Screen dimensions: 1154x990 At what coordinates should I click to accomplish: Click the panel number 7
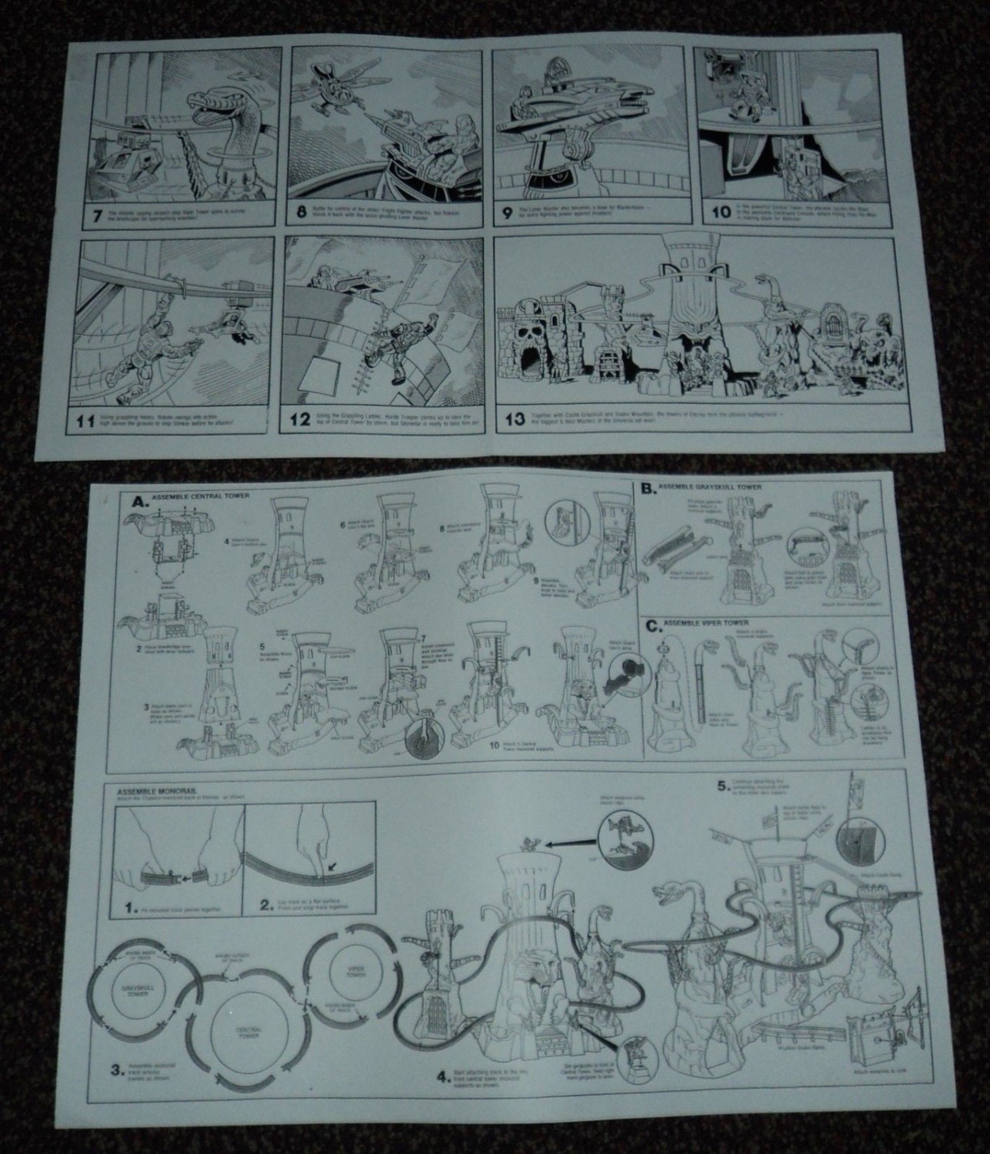97,215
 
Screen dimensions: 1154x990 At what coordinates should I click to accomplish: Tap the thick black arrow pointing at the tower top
566,844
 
